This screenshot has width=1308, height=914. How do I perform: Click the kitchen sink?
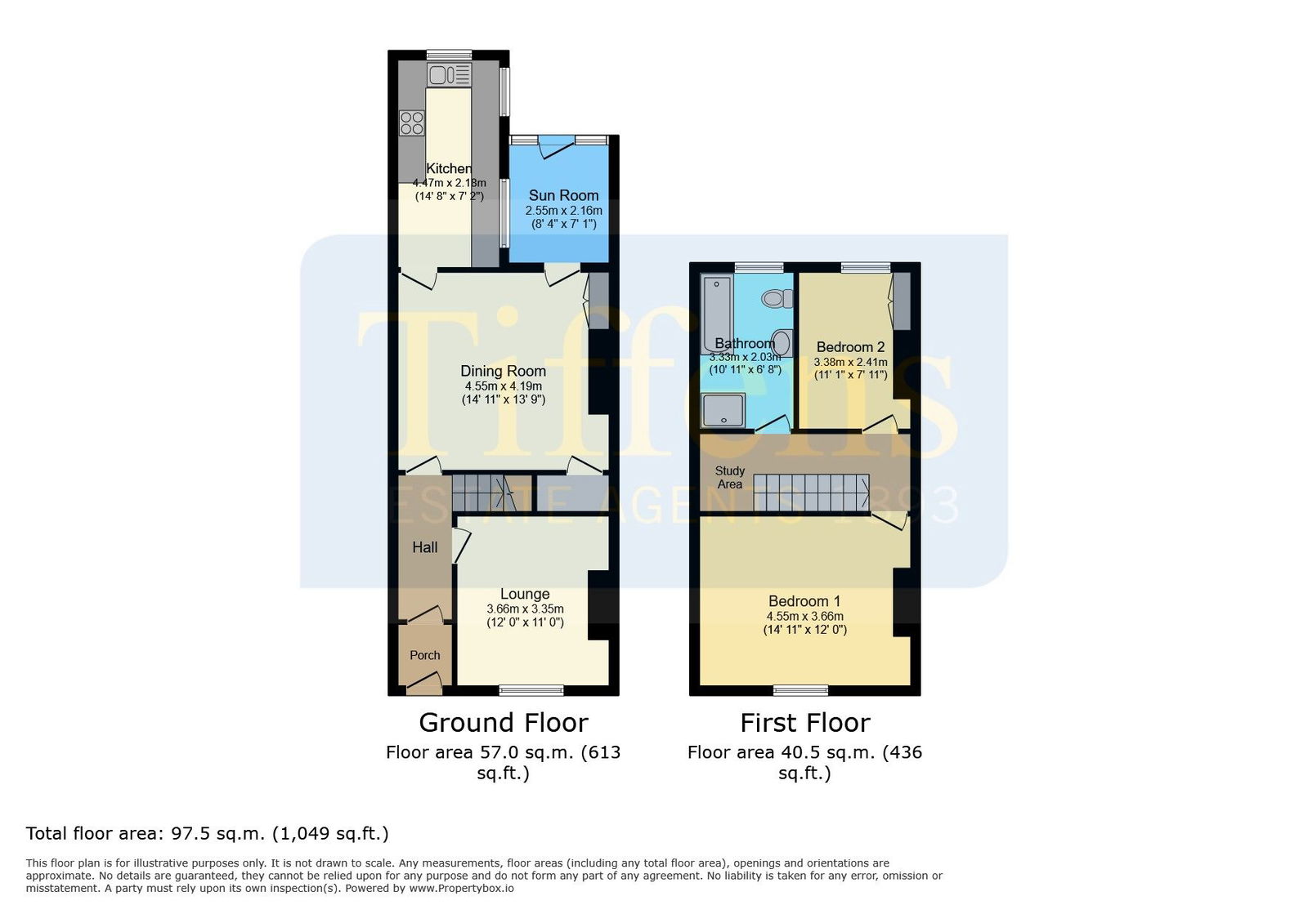click(x=449, y=75)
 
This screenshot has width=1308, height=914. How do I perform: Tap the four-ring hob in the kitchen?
click(x=412, y=123)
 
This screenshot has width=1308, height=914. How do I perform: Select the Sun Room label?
click(x=563, y=195)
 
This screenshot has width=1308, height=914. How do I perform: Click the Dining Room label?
click(x=504, y=371)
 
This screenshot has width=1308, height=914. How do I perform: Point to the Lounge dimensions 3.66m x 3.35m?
click(x=525, y=609)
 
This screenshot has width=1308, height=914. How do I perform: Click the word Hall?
click(x=424, y=547)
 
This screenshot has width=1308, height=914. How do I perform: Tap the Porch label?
click(x=424, y=655)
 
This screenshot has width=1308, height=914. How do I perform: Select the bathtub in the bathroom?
click(x=716, y=315)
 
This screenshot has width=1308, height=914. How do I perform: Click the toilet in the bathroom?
click(x=777, y=299)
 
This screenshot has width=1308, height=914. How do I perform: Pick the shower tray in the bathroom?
click(x=723, y=410)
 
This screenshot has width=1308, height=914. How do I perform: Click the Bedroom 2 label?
click(x=850, y=347)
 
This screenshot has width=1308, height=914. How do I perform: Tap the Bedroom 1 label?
click(x=804, y=601)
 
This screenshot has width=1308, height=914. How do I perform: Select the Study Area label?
click(x=730, y=477)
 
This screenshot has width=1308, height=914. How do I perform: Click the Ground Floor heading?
click(x=504, y=723)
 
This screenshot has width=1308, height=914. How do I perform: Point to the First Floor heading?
click(x=805, y=723)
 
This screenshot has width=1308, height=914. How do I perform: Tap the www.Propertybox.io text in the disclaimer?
click(x=461, y=889)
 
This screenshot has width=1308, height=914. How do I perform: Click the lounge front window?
click(x=531, y=690)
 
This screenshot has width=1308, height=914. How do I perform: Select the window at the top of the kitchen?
click(x=449, y=55)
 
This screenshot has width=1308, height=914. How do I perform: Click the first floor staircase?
click(x=811, y=493)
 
